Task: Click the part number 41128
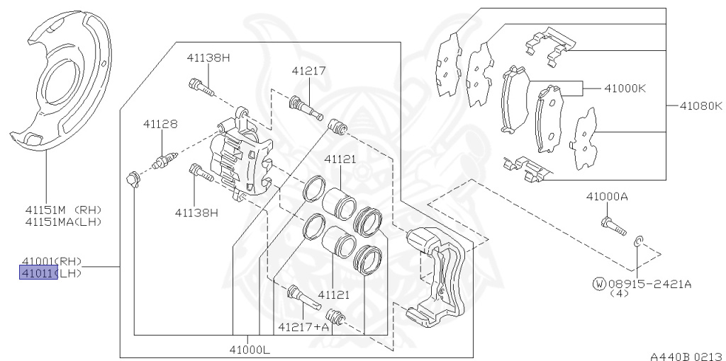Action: pos(160,124)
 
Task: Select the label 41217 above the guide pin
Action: pos(309,71)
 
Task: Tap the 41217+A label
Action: pos(303,327)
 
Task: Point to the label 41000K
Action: pos(625,88)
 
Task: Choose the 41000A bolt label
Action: pos(607,197)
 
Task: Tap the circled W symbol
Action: pos(599,283)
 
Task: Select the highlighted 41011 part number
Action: pos(38,273)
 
